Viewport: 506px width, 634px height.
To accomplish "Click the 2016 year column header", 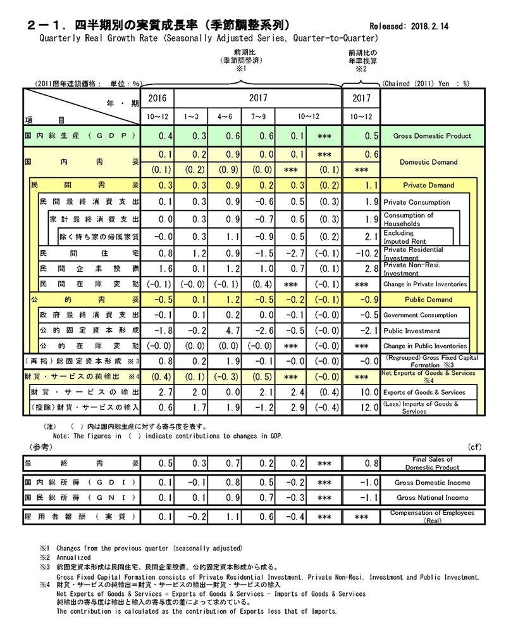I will point(157,99).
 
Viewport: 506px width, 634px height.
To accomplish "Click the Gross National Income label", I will point(432,498).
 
